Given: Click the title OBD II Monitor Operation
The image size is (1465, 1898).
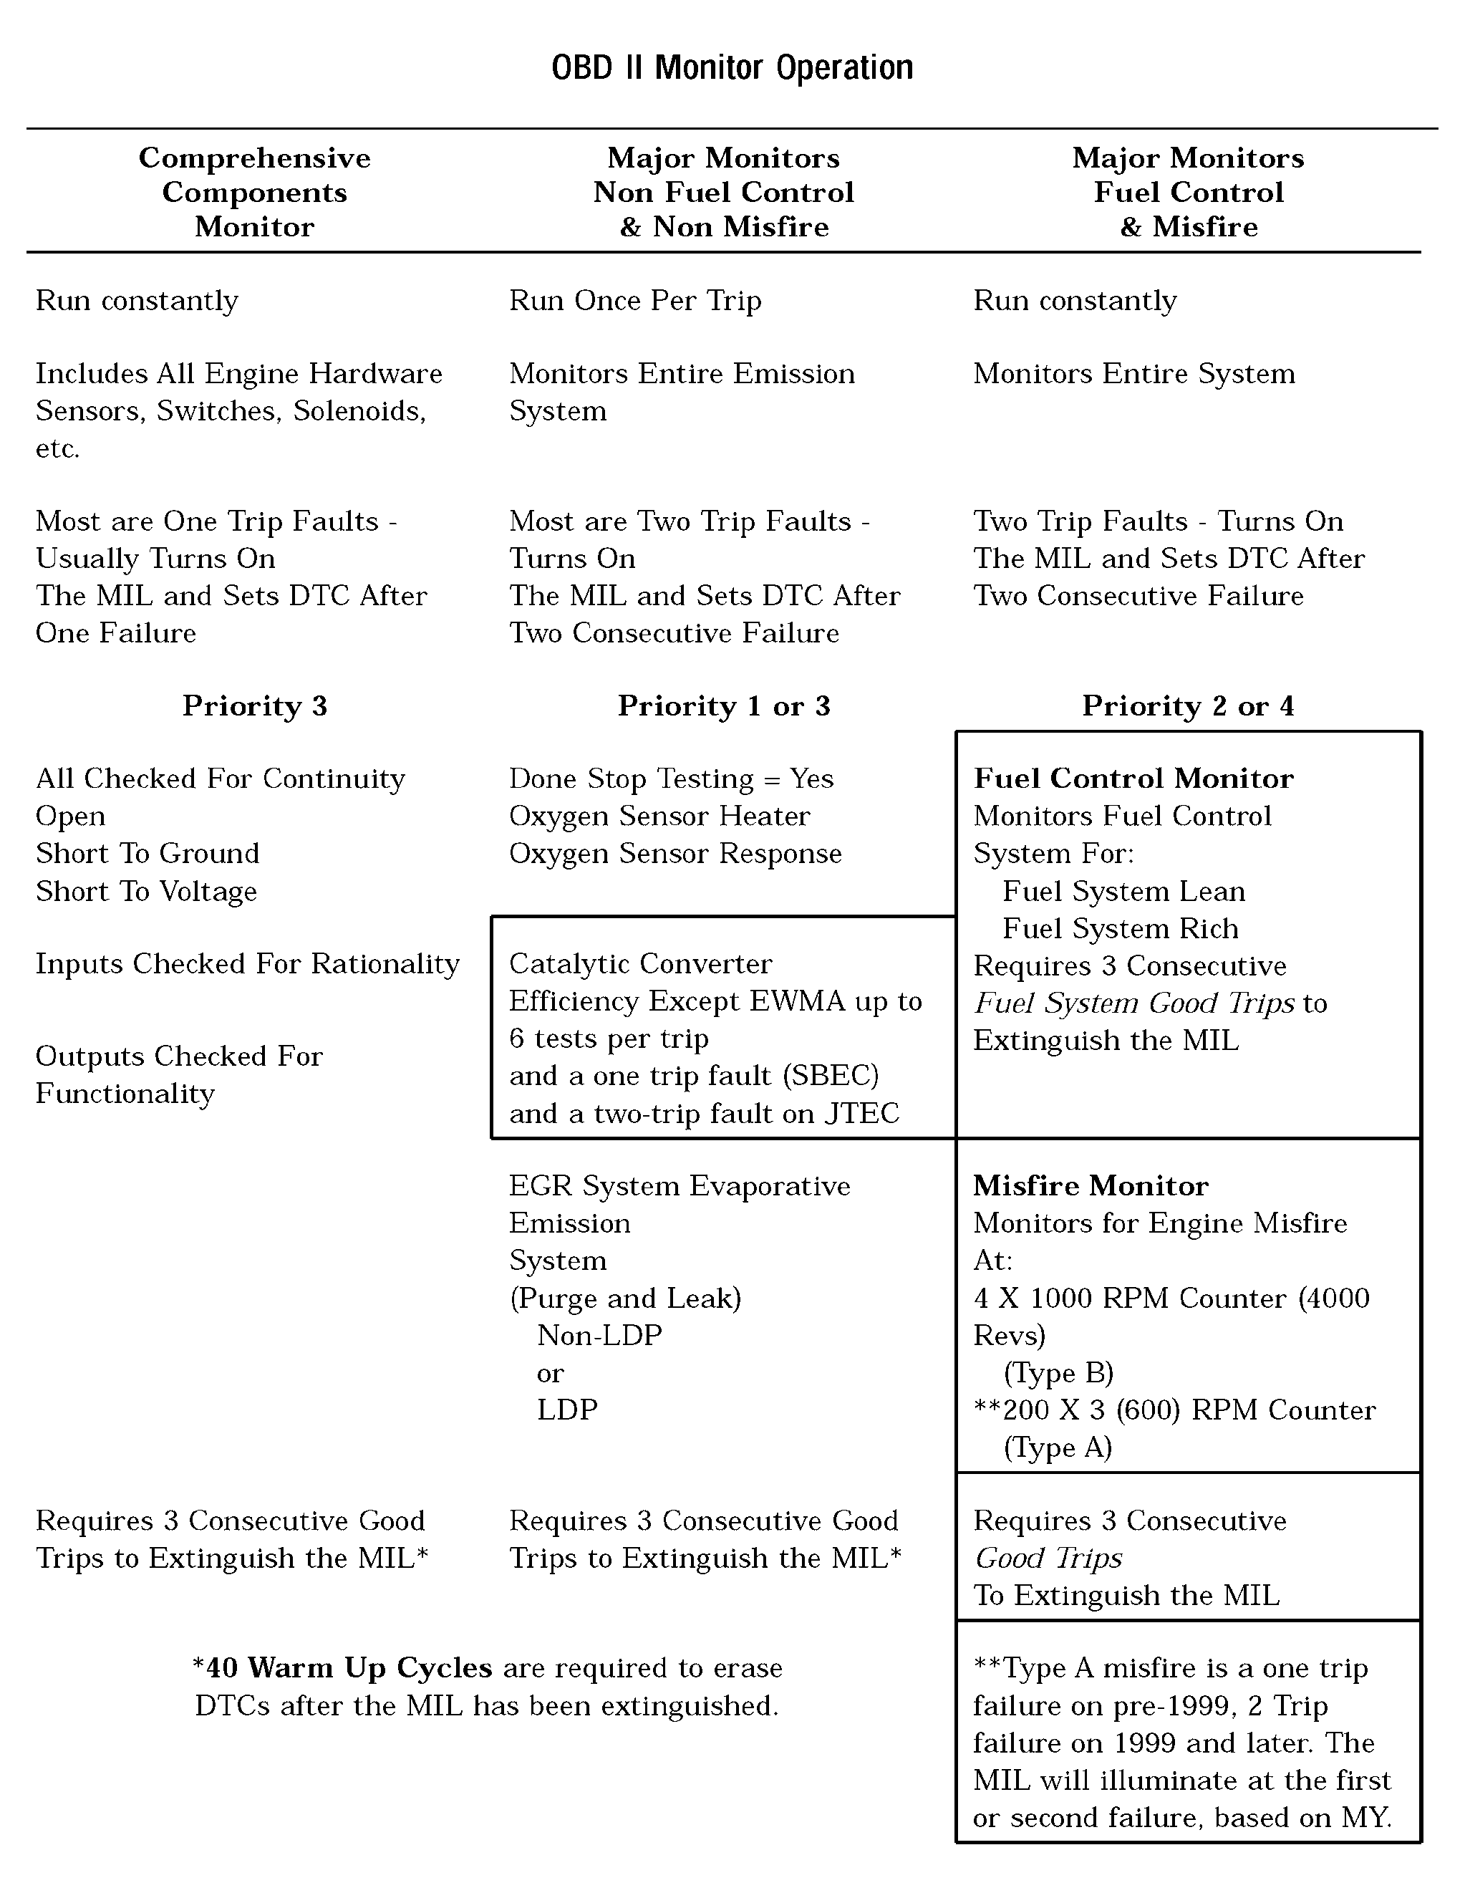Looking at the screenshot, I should [x=732, y=68].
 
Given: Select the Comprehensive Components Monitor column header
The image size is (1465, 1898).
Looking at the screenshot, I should [x=255, y=192].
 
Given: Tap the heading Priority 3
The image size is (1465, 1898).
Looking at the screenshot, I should [x=255, y=705].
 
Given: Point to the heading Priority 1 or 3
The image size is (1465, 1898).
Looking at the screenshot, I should [x=724, y=705].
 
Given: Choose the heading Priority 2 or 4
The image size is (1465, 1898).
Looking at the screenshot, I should [x=1188, y=705].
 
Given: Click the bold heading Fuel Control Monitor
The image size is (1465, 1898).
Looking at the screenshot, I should [x=1133, y=779].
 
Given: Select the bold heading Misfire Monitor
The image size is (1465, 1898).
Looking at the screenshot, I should [x=1091, y=1186].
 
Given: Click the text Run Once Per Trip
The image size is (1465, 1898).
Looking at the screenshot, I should [x=635, y=301].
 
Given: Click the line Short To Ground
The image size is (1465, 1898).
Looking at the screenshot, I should [x=148, y=854].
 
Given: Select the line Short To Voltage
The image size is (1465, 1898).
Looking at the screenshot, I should [x=147, y=892].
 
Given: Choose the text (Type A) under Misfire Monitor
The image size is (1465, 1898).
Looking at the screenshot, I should [x=1057, y=1447].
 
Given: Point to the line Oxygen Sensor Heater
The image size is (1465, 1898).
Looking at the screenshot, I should [x=659, y=816].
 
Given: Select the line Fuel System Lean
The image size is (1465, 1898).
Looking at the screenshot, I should [x=1123, y=892].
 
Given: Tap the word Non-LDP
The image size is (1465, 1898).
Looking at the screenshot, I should [x=599, y=1335].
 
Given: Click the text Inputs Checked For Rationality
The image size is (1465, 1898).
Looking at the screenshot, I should [x=248, y=964].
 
